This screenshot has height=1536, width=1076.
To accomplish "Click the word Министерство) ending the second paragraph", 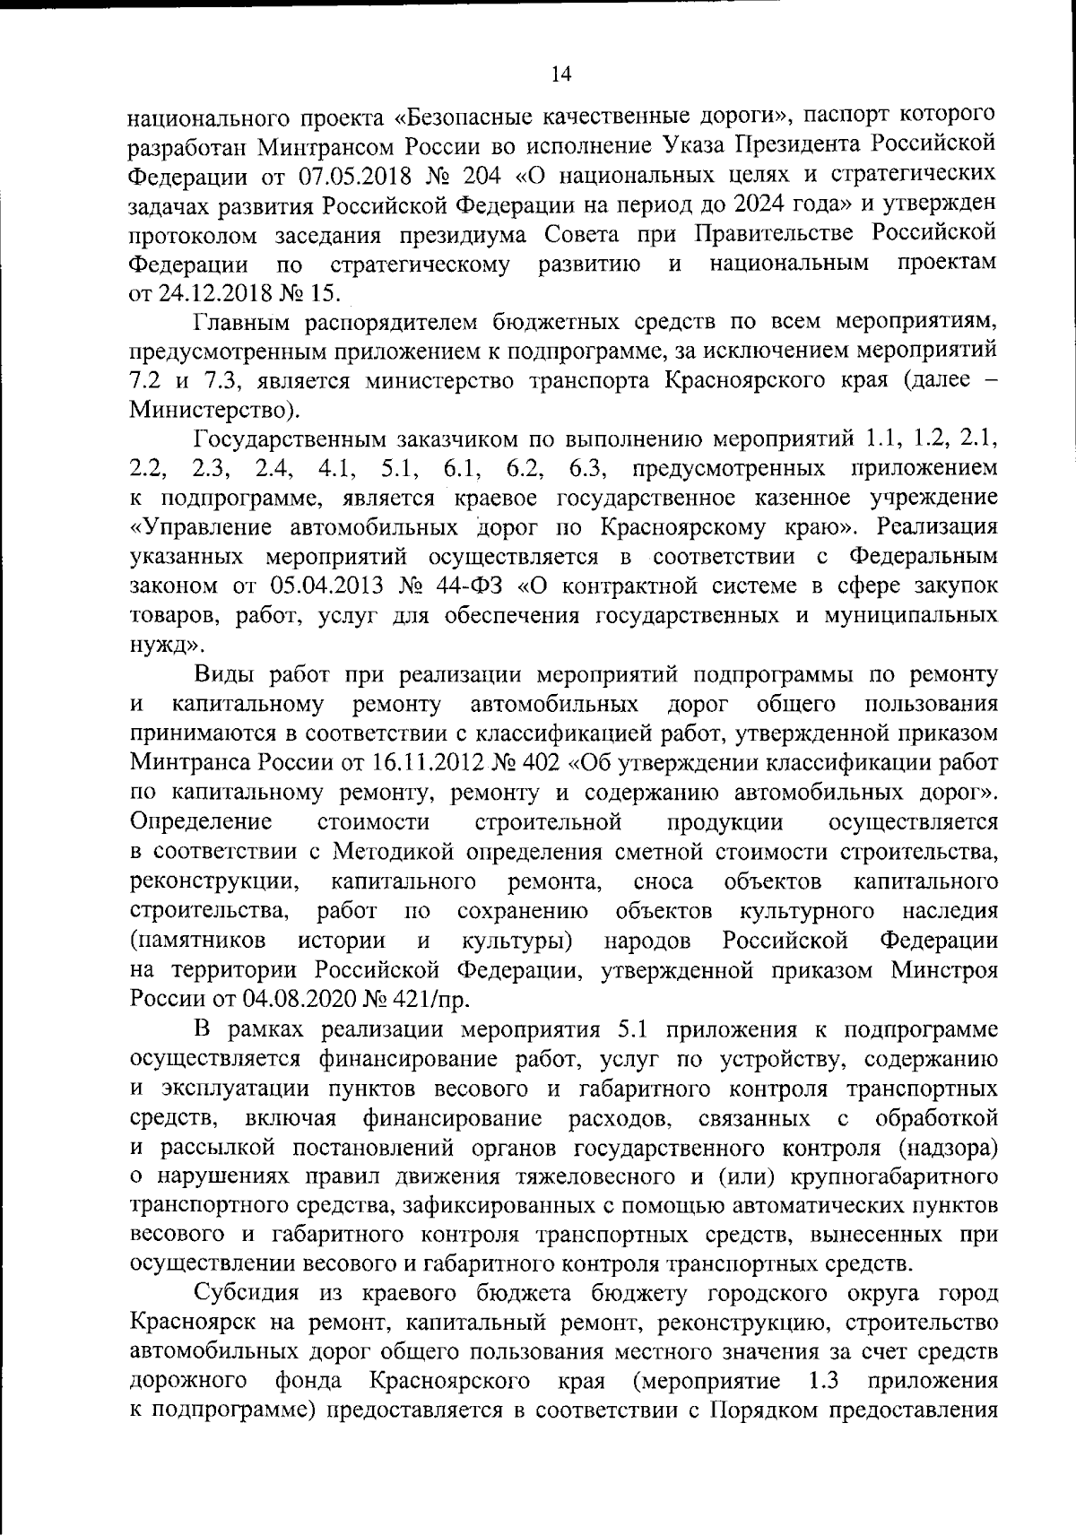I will click(x=215, y=411).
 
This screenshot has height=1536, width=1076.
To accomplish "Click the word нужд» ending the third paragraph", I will click(x=166, y=646).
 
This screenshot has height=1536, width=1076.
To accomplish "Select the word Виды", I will click(x=223, y=674).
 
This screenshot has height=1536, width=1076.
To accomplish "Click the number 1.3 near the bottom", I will click(x=822, y=1381).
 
